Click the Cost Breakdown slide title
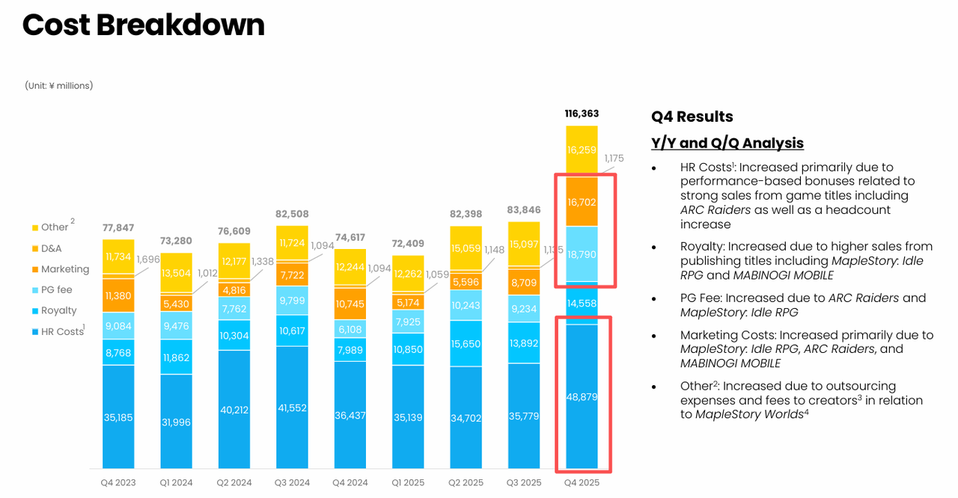click(x=143, y=25)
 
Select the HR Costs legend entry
click(x=62, y=331)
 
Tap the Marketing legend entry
click(x=64, y=269)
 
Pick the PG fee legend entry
click(x=57, y=289)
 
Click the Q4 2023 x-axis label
click(x=118, y=483)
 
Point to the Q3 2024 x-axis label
click(x=292, y=483)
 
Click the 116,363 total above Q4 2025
click(x=582, y=114)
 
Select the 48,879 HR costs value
click(x=582, y=397)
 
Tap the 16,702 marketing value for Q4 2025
click(x=582, y=202)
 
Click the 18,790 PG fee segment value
click(x=582, y=255)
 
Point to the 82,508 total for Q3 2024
click(x=292, y=215)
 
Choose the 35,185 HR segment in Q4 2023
click(x=118, y=417)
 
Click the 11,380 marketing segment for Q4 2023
click(x=118, y=295)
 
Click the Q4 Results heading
click(x=692, y=117)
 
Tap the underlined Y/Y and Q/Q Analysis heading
click(x=727, y=143)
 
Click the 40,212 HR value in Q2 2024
click(x=234, y=410)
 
